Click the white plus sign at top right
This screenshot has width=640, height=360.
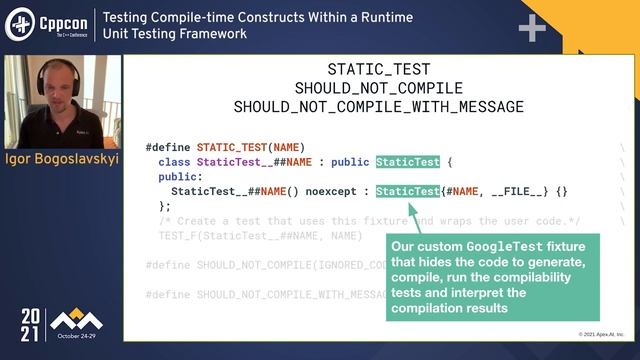coord(531,26)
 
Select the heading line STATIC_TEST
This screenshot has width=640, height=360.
coord(379,70)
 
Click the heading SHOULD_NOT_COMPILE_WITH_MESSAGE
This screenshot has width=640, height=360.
coord(379,106)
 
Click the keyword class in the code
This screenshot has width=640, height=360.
coord(174,162)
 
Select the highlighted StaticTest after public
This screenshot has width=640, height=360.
coord(406,162)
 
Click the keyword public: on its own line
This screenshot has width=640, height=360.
coord(178,176)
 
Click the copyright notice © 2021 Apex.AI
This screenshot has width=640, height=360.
coord(601,334)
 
